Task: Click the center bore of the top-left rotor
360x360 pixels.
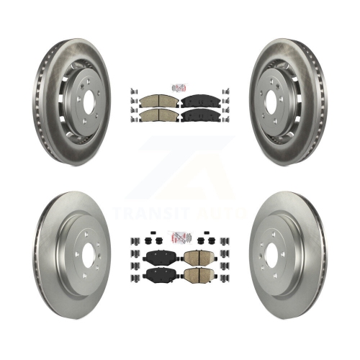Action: coord(89,103)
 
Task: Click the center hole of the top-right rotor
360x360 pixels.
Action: coord(271,103)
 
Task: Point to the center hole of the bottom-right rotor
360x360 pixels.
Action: coord(271,255)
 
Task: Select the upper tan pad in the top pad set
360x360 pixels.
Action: coord(159,102)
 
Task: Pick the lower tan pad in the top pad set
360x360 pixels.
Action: coord(159,116)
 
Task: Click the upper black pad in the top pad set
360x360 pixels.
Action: coord(201,102)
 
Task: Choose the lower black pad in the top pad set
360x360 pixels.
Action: coord(201,116)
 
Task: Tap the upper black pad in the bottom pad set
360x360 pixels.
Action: coord(159,258)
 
